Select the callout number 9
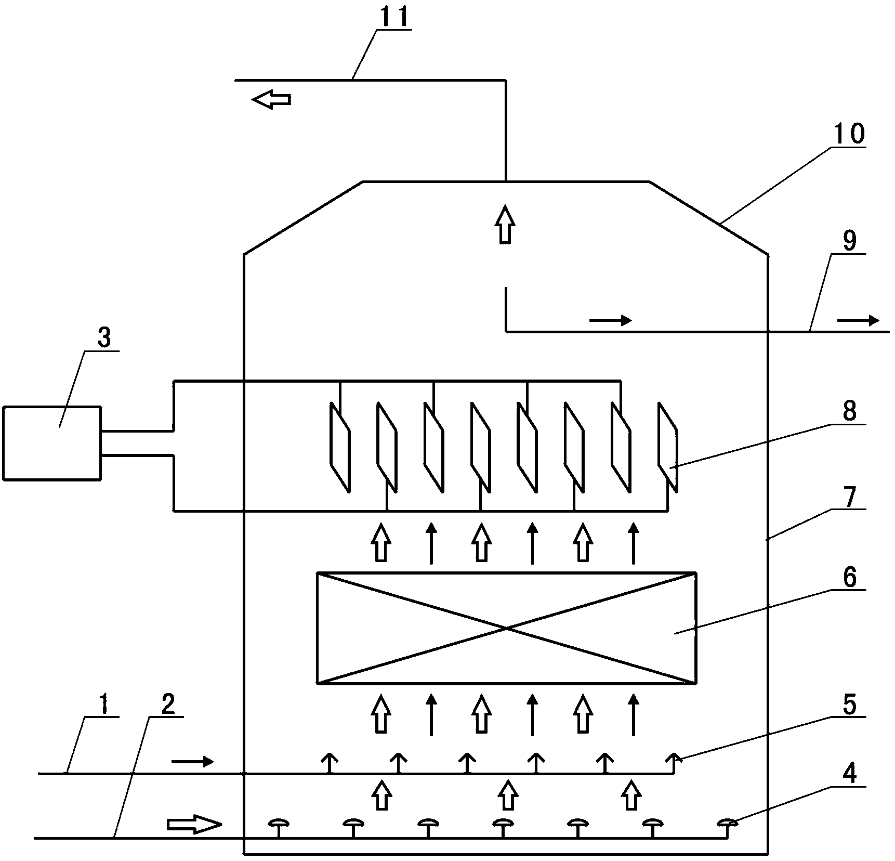click(x=849, y=241)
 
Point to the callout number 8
click(x=849, y=411)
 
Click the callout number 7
click(x=849, y=497)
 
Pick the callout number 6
click(x=849, y=578)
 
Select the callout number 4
click(x=849, y=788)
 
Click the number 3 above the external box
click(x=104, y=338)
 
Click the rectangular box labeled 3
click(x=51, y=443)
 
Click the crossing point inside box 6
click(x=507, y=629)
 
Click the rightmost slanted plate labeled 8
click(x=668, y=447)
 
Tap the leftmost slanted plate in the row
click(x=340, y=447)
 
